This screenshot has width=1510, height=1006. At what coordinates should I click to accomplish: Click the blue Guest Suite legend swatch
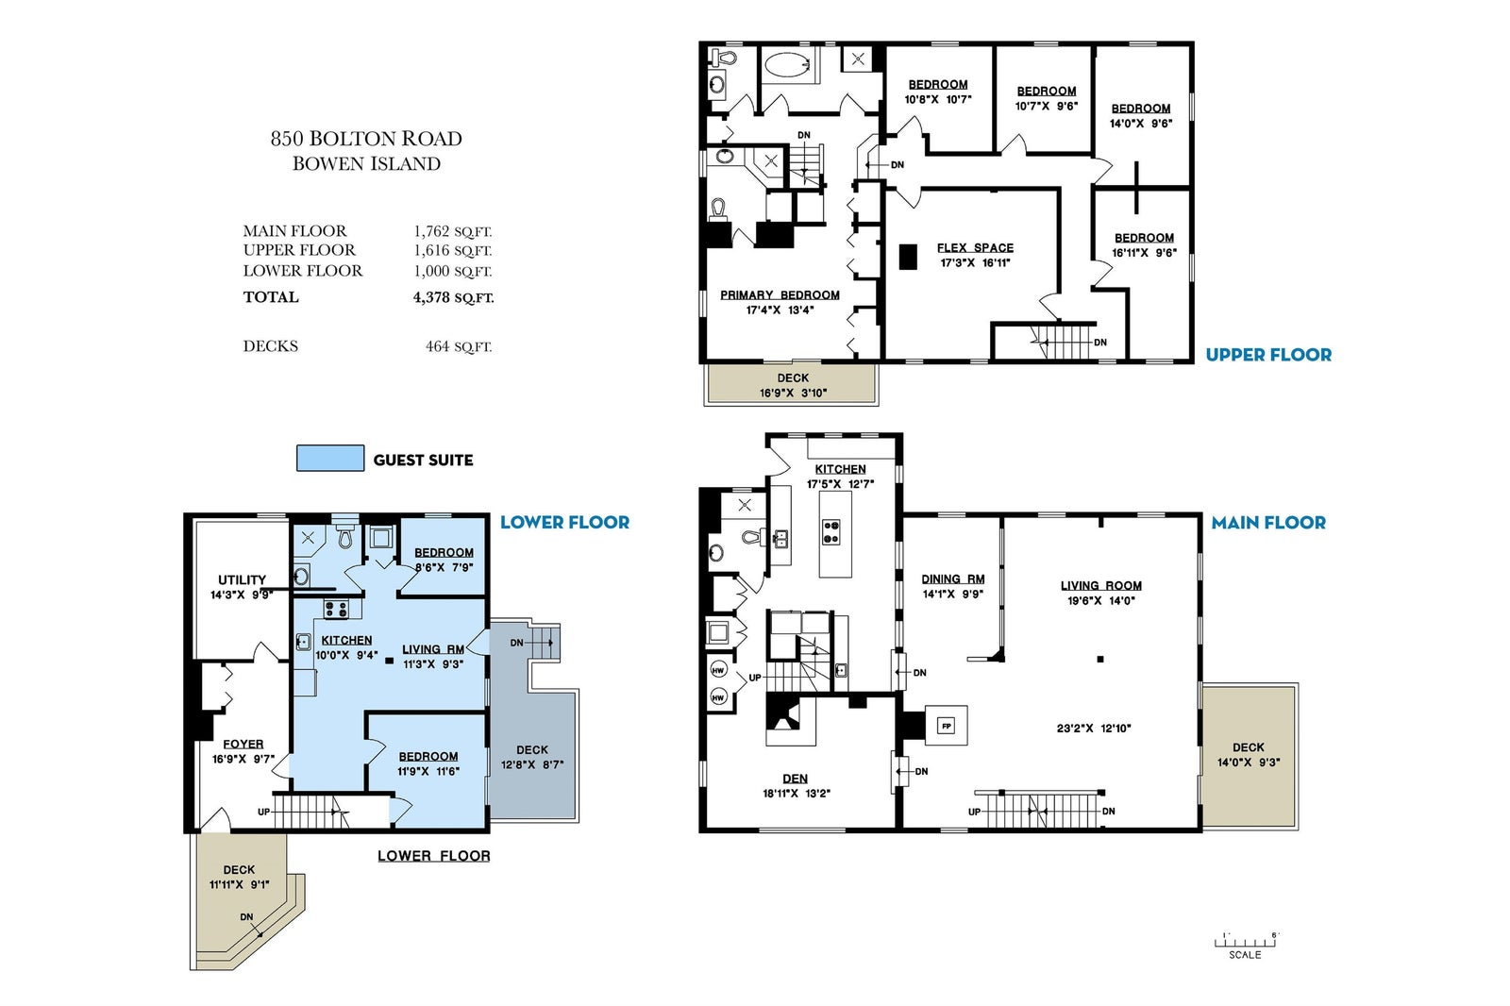coord(330,459)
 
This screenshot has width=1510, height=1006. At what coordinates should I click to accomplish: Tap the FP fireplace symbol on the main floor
coord(947,726)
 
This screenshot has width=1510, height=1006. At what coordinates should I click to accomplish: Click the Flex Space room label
coord(975,248)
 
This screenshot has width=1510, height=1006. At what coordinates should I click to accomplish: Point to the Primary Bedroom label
coord(780,295)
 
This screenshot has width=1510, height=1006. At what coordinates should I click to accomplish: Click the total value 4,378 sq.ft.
coord(453,297)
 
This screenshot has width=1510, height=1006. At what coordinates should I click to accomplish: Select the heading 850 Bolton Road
coord(366,139)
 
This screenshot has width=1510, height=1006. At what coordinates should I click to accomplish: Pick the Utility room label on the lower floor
coord(242,579)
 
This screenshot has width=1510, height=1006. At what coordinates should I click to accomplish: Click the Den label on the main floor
coord(796,779)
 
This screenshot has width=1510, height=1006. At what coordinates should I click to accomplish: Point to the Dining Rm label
coord(953,579)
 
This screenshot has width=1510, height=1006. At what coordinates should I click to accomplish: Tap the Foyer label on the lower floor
coord(243,745)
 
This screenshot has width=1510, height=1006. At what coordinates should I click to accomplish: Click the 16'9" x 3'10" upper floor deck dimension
coord(793,394)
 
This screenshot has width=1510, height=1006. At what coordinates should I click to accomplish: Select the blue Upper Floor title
coord(1268,355)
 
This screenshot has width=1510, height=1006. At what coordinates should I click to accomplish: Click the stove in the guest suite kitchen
coord(336,609)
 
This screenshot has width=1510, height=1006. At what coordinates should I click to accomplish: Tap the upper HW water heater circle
coord(718,670)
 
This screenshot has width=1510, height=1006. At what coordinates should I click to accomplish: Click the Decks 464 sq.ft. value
coord(459,346)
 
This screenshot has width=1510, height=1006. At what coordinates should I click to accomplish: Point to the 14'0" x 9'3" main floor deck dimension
coord(1249,763)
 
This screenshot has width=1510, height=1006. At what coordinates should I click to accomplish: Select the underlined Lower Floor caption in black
coord(433,856)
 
